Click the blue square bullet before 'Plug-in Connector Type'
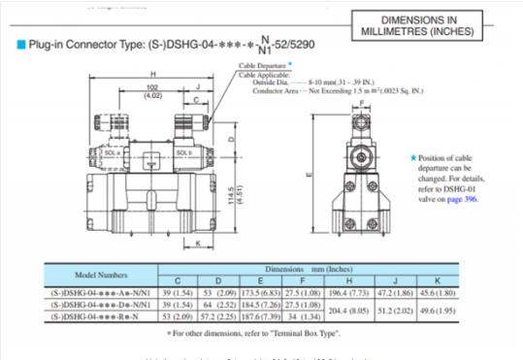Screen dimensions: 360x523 [21, 45]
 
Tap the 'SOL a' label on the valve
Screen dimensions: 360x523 [140, 153]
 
